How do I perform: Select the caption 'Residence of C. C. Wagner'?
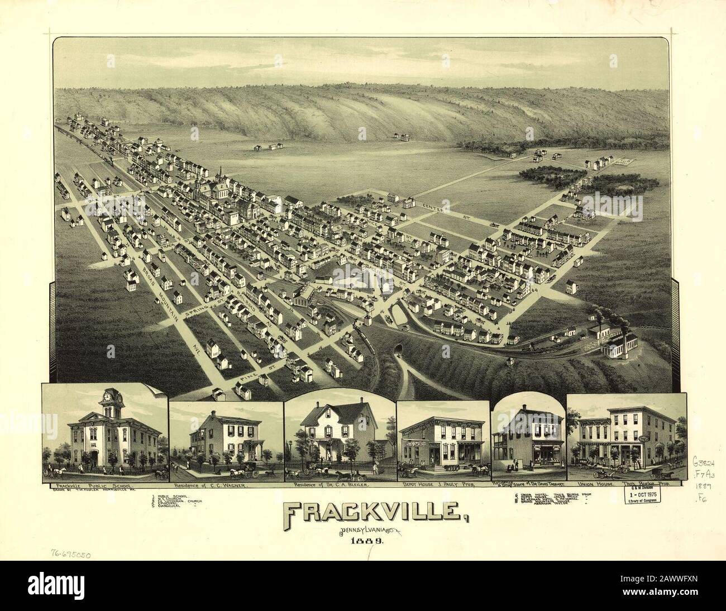211,485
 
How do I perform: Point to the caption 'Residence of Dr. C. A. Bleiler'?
328,485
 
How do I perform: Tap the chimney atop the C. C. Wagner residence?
213,414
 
